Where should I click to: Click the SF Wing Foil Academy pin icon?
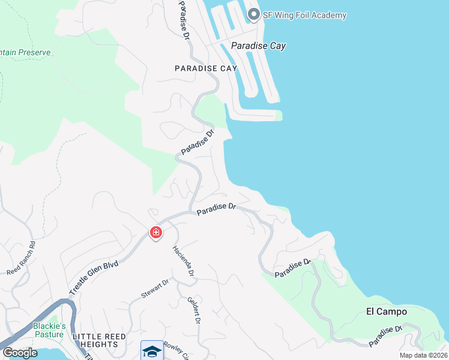[253, 14]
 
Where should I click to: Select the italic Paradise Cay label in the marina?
[258, 46]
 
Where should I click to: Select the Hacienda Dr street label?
[184, 261]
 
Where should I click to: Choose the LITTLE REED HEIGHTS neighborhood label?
[95, 340]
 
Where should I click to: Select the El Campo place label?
[387, 311]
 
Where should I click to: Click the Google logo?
[19, 352]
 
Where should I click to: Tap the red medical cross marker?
[155, 232]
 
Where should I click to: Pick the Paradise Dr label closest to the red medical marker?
[216, 207]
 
